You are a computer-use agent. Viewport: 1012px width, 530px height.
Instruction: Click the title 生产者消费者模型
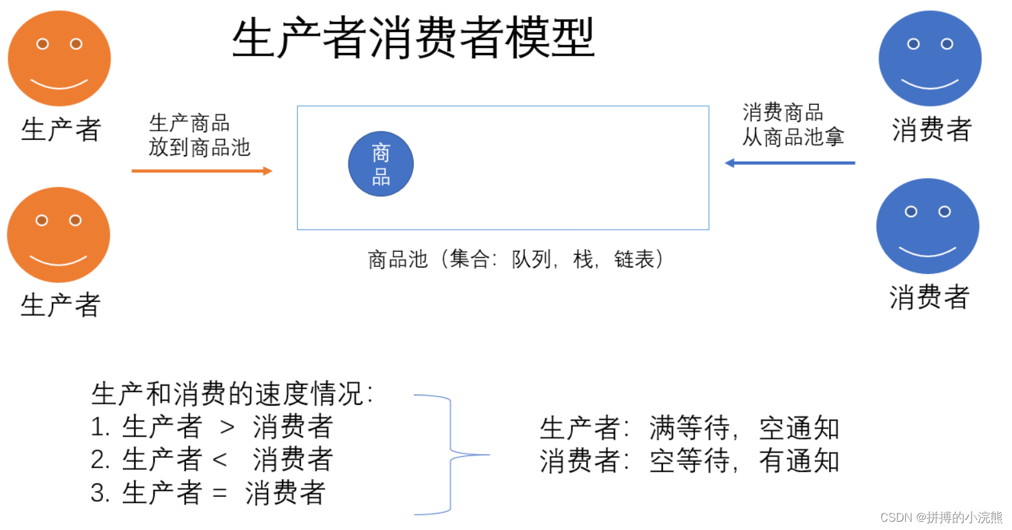tap(413, 38)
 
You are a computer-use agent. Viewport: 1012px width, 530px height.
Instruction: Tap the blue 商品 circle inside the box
tap(380, 164)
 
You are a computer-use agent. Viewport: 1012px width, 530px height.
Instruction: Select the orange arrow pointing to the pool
tap(201, 170)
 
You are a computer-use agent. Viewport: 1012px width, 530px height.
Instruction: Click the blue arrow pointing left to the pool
tap(790, 163)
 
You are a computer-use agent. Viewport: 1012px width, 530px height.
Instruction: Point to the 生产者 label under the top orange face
tap(61, 130)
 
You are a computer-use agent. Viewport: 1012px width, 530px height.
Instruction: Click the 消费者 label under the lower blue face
tap(929, 298)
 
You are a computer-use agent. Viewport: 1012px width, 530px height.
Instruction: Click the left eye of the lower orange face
tap(42, 220)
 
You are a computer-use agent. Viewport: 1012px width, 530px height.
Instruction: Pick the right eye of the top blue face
tap(947, 44)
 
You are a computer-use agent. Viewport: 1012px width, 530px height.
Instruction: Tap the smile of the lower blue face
tap(927, 252)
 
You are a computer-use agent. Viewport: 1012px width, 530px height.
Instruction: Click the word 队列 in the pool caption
tap(531, 259)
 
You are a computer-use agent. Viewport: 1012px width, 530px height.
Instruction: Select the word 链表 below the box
tap(634, 259)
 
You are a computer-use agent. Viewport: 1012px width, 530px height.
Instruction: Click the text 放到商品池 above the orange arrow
tap(199, 148)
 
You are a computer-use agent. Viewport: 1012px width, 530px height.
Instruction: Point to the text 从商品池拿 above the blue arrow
tap(793, 137)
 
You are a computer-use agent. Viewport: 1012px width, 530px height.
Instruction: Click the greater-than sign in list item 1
tap(227, 428)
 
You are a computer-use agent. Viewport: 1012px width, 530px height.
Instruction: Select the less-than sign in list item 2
tap(219, 460)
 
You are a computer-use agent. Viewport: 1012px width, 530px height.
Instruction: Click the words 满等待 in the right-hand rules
tap(689, 428)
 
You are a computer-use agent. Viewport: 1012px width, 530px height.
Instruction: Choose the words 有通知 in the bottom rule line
tap(799, 461)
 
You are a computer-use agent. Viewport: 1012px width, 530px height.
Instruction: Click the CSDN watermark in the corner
tap(940, 517)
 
